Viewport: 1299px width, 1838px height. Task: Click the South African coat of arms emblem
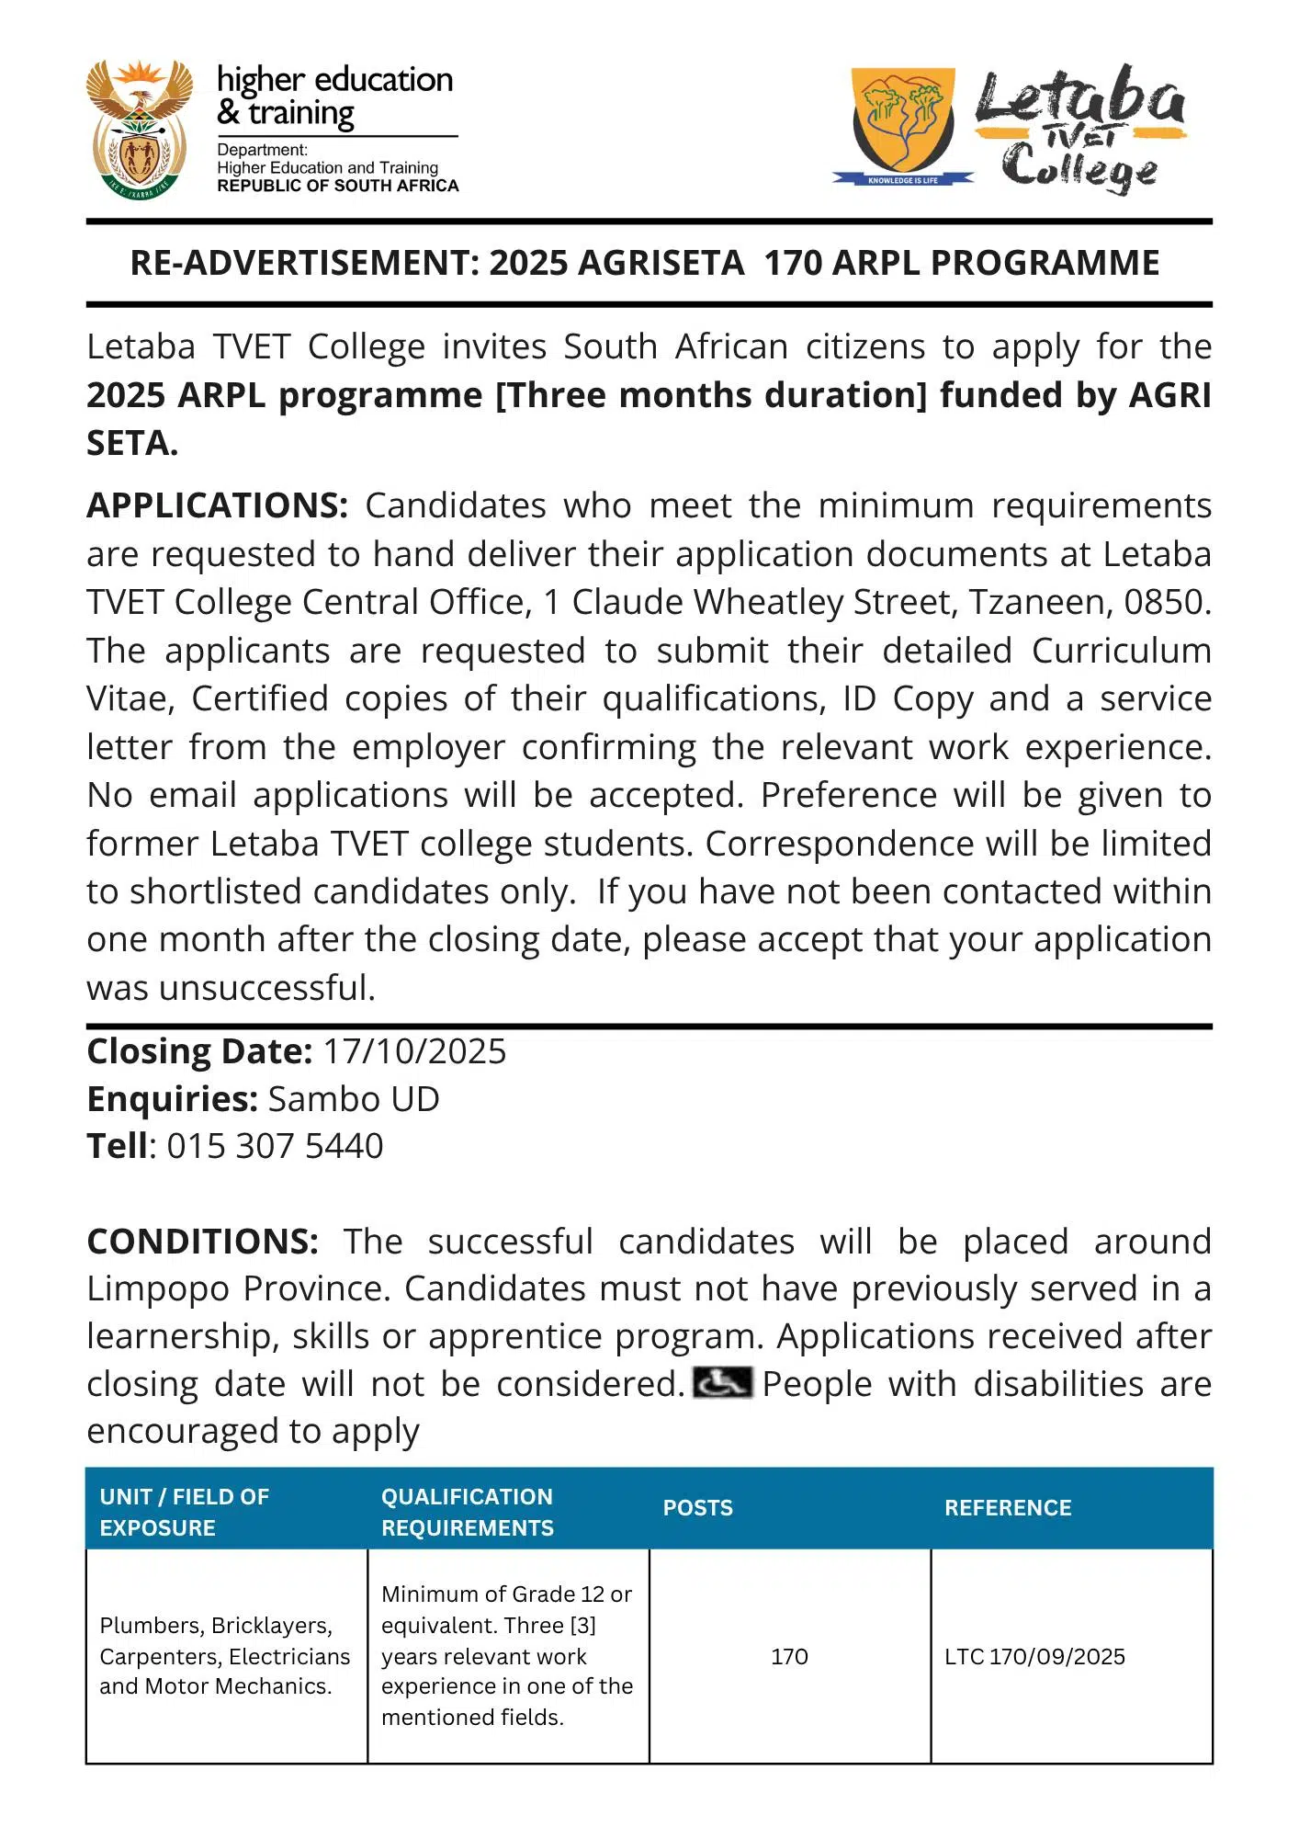tap(140, 130)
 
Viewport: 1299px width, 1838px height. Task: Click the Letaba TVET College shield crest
tap(903, 119)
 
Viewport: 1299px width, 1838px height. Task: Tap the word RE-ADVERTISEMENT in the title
tap(304, 263)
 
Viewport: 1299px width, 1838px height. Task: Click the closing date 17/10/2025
tap(414, 1051)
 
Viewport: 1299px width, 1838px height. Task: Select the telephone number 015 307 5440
tap(275, 1146)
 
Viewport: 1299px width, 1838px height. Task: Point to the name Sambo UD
tap(354, 1099)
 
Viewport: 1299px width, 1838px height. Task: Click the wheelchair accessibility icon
tap(722, 1383)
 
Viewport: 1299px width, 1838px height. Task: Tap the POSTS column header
tap(698, 1508)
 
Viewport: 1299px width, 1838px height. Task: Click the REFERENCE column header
tap(1008, 1508)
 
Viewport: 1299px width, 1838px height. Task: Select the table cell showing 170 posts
tap(789, 1656)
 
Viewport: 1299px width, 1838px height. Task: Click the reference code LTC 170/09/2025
tap(1034, 1656)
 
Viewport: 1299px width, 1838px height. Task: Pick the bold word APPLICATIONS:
tap(218, 506)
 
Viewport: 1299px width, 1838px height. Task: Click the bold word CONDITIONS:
tap(203, 1242)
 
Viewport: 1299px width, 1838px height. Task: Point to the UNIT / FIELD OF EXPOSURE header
tap(185, 1512)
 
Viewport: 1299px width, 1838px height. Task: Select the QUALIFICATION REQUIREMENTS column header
tap(468, 1512)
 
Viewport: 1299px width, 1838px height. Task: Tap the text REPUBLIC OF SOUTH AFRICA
tap(337, 186)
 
